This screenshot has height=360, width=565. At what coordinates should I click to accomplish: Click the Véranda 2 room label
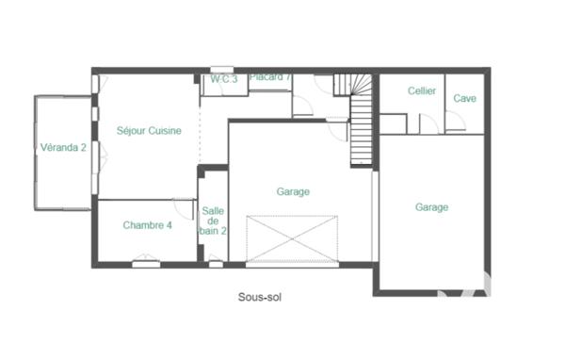(x=63, y=147)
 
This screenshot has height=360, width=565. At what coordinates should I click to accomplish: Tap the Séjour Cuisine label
(x=149, y=131)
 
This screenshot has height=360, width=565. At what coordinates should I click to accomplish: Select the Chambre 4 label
(x=148, y=225)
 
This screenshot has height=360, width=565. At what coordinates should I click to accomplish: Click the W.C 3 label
(x=223, y=77)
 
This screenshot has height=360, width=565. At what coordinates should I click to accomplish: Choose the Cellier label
(x=421, y=90)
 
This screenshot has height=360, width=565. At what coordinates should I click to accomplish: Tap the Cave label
(x=464, y=98)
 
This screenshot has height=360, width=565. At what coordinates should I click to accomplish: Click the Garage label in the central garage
(x=293, y=191)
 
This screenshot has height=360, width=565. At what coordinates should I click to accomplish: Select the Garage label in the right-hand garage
(x=431, y=207)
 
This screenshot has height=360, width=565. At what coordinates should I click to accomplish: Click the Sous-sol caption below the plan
(x=260, y=296)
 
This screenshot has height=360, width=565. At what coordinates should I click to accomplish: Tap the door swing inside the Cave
(x=456, y=122)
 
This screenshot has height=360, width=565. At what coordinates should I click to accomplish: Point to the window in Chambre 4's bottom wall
(x=145, y=265)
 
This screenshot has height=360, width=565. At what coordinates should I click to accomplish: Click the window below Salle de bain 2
(x=216, y=265)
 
